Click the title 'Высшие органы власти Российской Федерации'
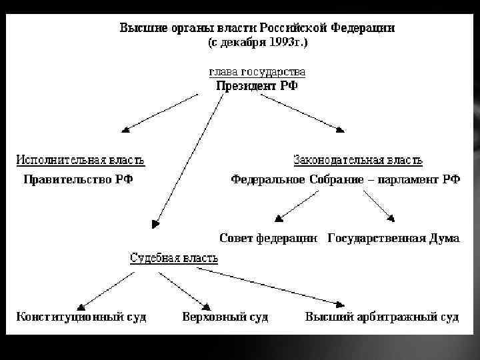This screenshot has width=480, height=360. (257, 28)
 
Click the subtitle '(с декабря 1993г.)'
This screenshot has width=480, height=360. (257, 42)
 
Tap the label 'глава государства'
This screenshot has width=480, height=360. (257, 71)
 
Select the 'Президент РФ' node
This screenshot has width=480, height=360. (257, 85)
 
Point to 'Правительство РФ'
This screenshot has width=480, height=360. (79, 179)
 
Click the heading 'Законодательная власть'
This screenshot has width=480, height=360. (358, 160)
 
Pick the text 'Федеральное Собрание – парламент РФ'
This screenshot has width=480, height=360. (345, 179)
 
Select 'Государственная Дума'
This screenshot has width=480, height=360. (394, 238)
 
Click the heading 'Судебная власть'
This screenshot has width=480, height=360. (173, 257)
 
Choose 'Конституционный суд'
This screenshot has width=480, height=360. (81, 317)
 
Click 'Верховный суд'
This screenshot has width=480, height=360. (225, 317)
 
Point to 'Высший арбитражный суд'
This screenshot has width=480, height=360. (382, 317)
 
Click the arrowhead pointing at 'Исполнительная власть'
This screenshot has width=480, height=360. (125, 130)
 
